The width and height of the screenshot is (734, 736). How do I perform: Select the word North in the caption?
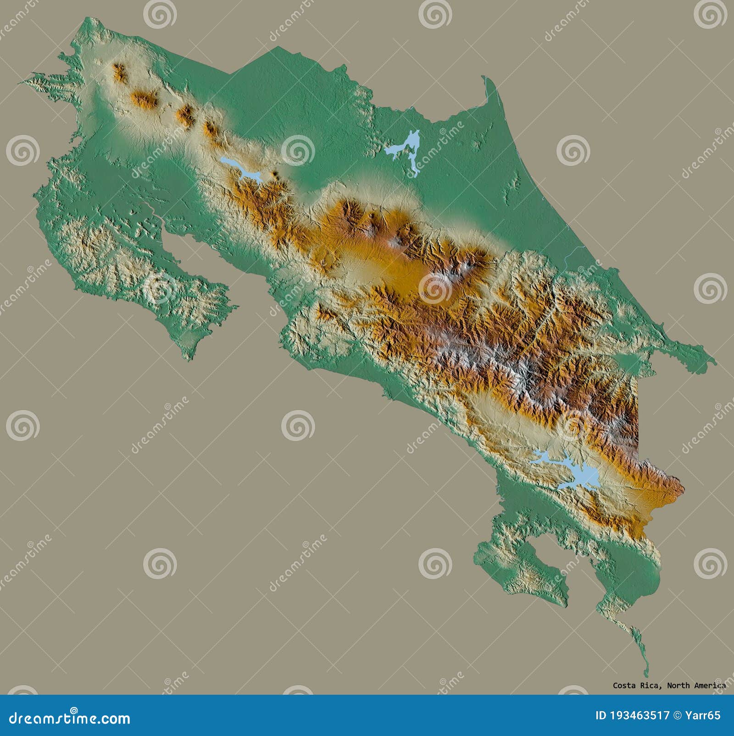677,698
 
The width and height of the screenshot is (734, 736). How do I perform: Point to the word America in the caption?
710,698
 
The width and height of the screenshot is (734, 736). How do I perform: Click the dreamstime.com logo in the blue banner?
69,718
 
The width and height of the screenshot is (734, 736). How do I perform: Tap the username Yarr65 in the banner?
704,715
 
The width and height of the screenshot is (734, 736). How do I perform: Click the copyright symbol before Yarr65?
678,715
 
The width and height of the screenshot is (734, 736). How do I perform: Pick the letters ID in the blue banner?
601,715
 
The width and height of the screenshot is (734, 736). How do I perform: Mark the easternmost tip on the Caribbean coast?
713,362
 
